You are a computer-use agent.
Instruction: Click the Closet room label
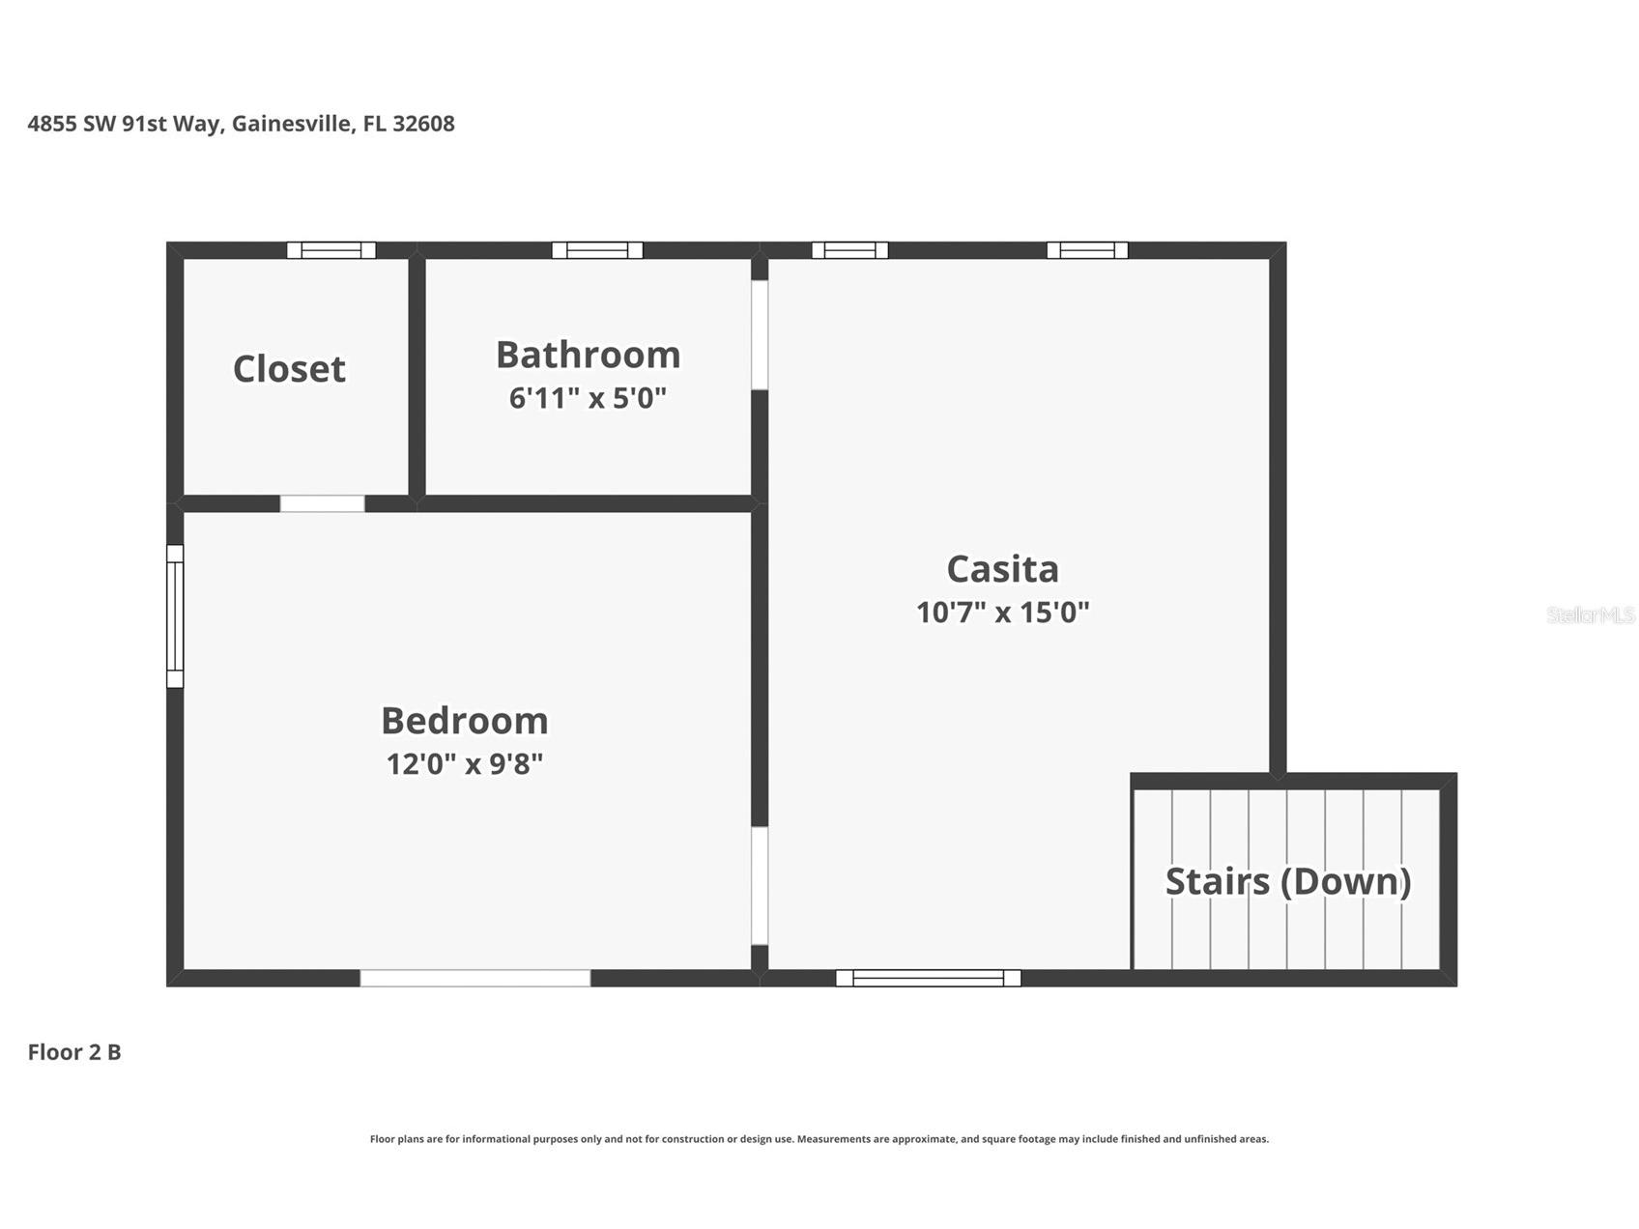click(289, 368)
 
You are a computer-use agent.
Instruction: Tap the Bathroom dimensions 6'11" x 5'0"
click(588, 397)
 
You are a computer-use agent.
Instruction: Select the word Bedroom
click(465, 720)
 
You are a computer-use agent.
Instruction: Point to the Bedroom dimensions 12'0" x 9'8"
click(465, 763)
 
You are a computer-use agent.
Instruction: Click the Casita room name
click(1003, 568)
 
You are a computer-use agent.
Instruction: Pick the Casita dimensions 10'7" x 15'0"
click(1003, 612)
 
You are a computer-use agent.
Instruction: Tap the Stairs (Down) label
click(1288, 881)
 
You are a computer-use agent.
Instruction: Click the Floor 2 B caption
click(74, 1051)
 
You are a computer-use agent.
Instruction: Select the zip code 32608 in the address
click(423, 124)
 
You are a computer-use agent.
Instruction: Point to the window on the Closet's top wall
click(331, 250)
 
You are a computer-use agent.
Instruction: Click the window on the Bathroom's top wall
click(597, 250)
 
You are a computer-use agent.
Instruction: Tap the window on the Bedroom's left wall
click(175, 616)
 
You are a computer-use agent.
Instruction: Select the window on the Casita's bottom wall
click(928, 978)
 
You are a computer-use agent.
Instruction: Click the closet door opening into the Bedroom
click(322, 503)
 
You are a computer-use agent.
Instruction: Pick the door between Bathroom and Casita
click(760, 335)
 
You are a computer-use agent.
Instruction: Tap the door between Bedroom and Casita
click(760, 886)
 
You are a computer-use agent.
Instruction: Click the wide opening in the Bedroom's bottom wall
click(475, 978)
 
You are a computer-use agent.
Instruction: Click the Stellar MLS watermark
click(1591, 614)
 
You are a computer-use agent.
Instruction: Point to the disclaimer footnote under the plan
click(819, 1139)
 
